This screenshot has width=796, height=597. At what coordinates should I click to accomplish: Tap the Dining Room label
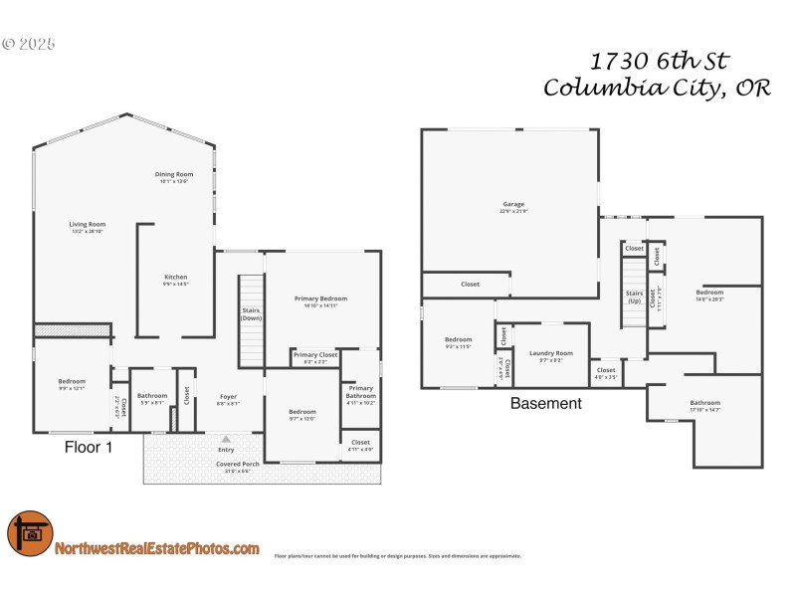click(x=173, y=177)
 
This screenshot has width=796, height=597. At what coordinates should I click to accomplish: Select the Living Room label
click(x=88, y=228)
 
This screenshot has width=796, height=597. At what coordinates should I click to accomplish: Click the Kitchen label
click(x=176, y=281)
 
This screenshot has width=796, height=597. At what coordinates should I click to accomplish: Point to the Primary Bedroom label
click(x=321, y=301)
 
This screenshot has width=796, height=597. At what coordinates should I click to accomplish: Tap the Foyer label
click(x=228, y=400)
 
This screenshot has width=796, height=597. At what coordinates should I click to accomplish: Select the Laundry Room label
click(x=550, y=356)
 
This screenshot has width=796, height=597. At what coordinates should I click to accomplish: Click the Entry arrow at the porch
click(x=226, y=439)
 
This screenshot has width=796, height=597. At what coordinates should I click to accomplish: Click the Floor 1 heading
click(x=89, y=448)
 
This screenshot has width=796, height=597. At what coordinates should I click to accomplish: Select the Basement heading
click(x=545, y=404)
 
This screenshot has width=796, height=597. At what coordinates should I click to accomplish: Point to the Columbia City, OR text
click(x=657, y=89)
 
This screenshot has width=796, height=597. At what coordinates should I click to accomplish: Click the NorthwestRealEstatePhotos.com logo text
click(x=157, y=548)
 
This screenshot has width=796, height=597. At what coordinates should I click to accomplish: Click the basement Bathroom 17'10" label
click(x=705, y=406)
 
